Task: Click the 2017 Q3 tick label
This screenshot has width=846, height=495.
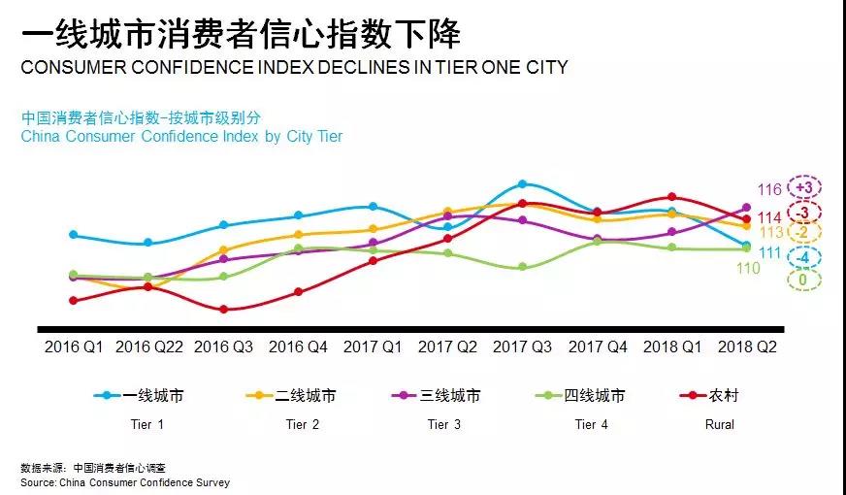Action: [x=522, y=345]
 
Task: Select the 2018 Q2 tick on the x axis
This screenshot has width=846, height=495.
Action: [x=747, y=345]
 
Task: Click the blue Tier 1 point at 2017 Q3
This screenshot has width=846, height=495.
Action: [x=522, y=183]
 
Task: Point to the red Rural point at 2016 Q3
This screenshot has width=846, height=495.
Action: [x=223, y=310]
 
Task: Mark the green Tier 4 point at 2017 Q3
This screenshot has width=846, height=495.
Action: [x=522, y=267]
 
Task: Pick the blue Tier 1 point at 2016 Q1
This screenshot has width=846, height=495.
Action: [x=74, y=235]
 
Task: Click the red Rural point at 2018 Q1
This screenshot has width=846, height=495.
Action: [x=671, y=197]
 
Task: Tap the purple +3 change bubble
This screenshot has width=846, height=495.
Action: [x=804, y=186]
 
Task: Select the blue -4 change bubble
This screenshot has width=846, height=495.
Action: [x=804, y=257]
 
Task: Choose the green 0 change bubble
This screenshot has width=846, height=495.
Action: [x=804, y=280]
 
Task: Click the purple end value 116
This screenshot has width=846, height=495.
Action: [x=769, y=190]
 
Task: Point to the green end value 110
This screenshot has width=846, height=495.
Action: [x=747, y=268]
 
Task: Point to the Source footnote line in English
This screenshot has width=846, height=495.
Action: [x=125, y=481]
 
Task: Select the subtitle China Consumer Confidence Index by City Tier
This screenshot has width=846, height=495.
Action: [x=181, y=136]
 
